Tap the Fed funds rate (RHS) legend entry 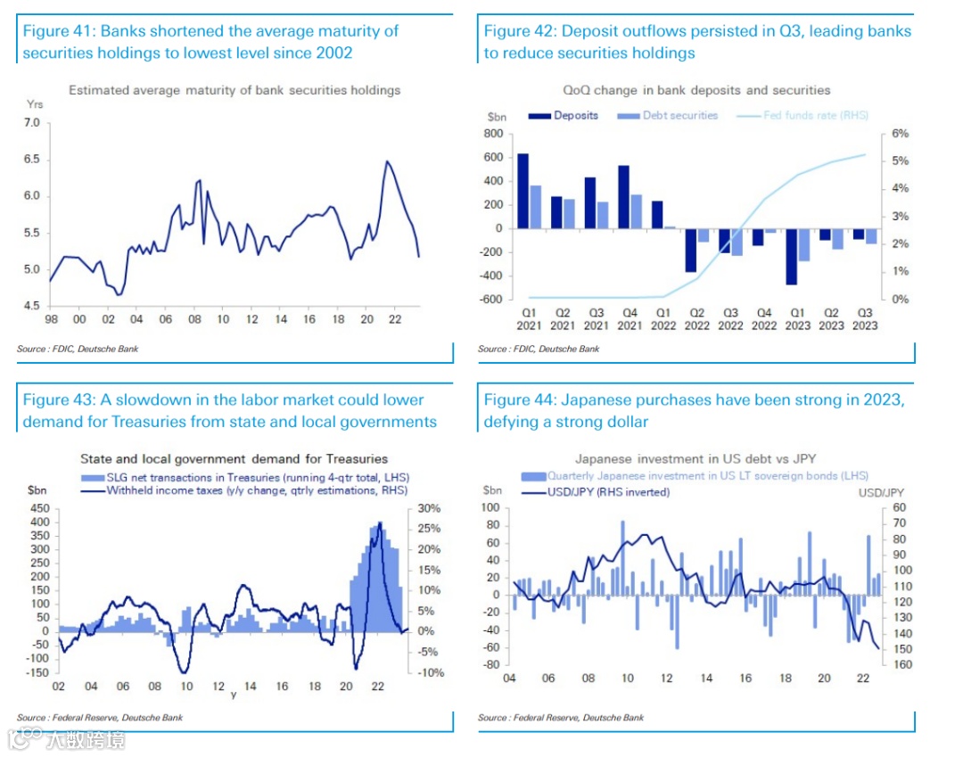815,116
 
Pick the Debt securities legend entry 679,116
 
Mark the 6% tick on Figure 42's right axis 900,134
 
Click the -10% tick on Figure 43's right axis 431,673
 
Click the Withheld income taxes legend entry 257,490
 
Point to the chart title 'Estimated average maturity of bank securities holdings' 235,90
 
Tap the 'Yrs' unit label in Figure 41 35,104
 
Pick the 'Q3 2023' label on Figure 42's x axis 865,319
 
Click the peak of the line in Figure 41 387,161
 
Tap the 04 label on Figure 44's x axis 511,679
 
